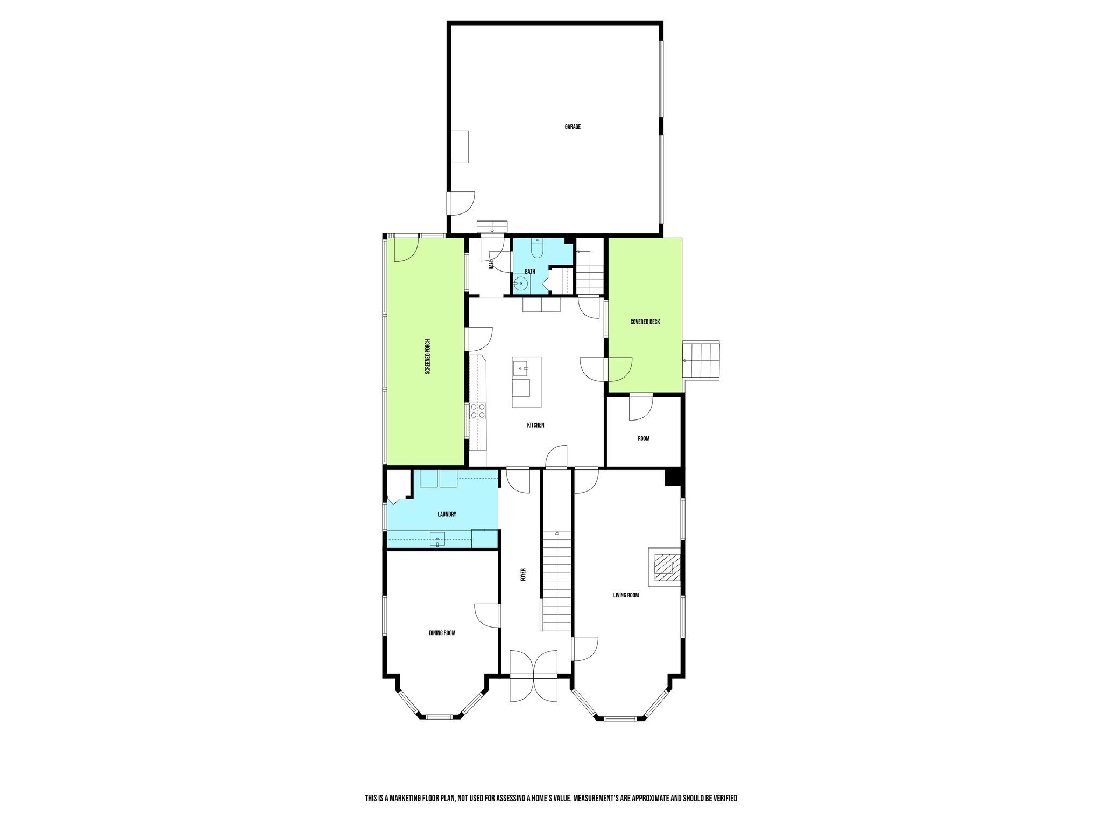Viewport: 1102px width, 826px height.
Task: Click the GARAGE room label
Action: coord(573,127)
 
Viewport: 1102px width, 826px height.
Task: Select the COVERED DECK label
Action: coord(645,322)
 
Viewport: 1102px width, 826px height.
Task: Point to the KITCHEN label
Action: coord(535,425)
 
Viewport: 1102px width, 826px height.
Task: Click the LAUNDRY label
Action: coord(447,515)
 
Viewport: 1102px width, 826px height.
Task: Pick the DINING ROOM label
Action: coord(442,633)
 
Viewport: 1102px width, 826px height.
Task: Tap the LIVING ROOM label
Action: coord(626,595)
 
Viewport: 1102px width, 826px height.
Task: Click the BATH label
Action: coord(530,272)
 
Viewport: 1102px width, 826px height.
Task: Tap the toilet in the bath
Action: coord(537,248)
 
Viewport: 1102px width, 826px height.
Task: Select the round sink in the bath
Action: coord(520,285)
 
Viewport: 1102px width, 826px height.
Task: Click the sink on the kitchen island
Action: coord(521,368)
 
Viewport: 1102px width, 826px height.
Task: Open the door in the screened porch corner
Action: coord(405,250)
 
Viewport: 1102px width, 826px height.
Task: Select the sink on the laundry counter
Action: coord(438,539)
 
